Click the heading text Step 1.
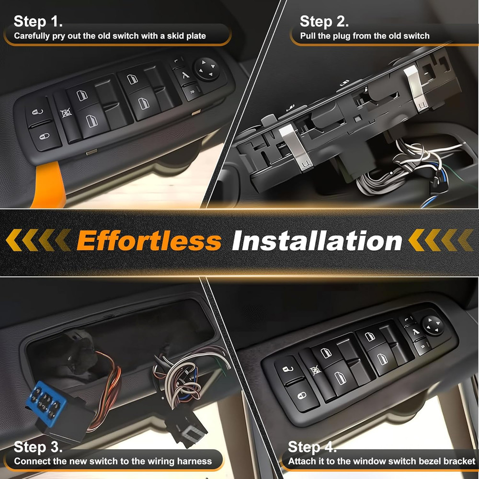(38, 21)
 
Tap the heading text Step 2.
(324, 22)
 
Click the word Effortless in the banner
(149, 240)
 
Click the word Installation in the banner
(317, 240)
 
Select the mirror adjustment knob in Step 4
(433, 324)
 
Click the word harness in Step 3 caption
(194, 462)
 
